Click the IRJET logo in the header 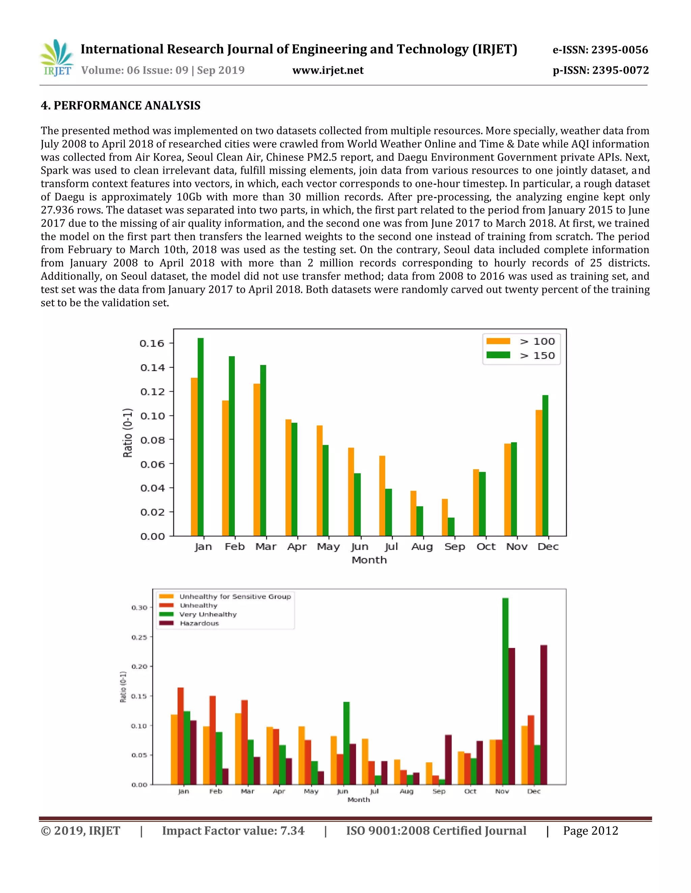click(x=57, y=58)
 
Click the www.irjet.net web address click(x=328, y=70)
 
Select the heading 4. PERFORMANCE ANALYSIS click(x=120, y=105)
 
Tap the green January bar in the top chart click(x=201, y=437)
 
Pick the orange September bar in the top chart click(x=445, y=517)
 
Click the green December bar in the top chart click(x=545, y=465)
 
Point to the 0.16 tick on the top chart click(x=152, y=343)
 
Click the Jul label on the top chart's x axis click(x=391, y=547)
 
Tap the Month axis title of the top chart click(x=369, y=560)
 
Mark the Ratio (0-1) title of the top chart click(x=128, y=433)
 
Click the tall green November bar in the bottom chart click(x=505, y=691)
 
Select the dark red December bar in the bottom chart click(x=544, y=715)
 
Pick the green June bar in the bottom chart click(x=346, y=743)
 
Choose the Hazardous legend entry click(x=199, y=623)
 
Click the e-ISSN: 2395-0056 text click(x=600, y=50)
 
